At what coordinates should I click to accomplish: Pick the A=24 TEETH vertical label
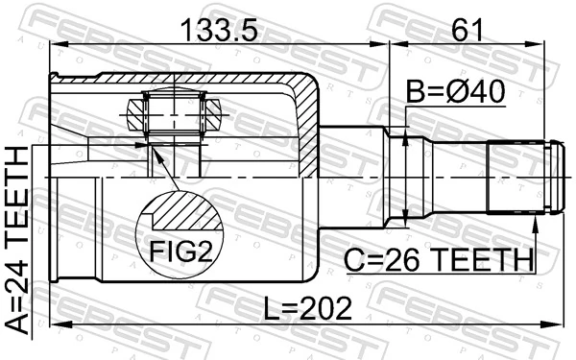(x=17, y=240)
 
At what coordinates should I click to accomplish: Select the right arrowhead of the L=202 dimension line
(x=554, y=326)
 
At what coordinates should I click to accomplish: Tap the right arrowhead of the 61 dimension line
(x=555, y=43)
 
